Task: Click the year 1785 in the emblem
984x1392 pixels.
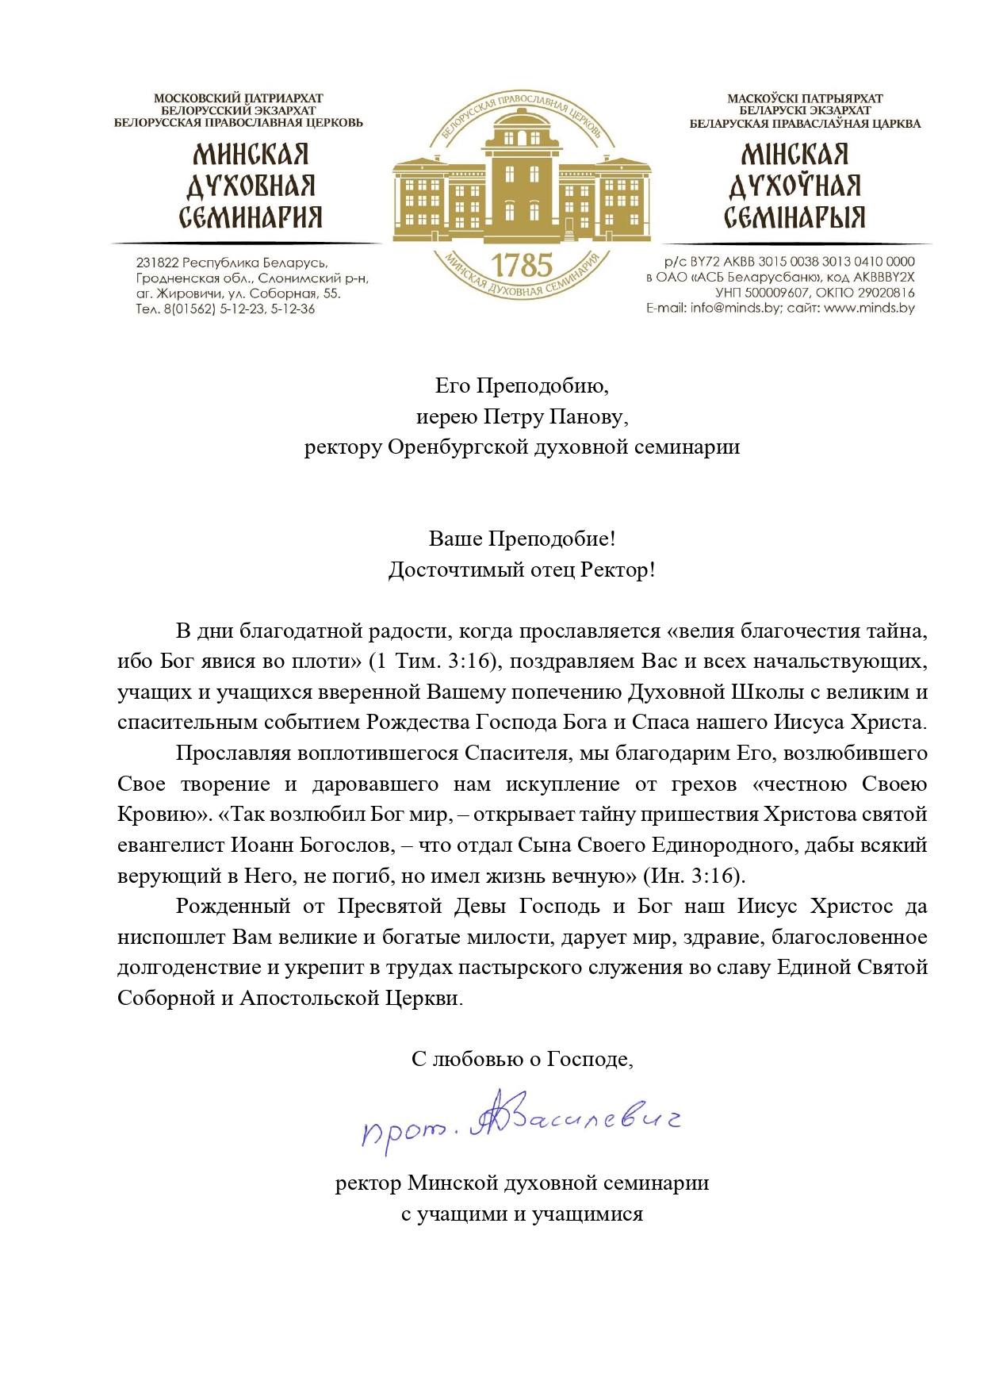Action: coord(521,265)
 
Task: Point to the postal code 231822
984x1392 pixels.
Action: coord(157,263)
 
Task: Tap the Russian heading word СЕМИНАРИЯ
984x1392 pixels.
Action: coord(250,217)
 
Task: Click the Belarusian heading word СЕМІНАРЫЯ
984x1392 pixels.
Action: coord(794,217)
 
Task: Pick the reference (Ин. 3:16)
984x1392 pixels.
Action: coord(694,876)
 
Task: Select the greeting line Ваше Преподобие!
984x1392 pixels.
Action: coord(522,539)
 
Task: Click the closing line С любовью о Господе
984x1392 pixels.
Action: coord(522,1059)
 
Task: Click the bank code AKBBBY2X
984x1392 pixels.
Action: coord(883,278)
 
